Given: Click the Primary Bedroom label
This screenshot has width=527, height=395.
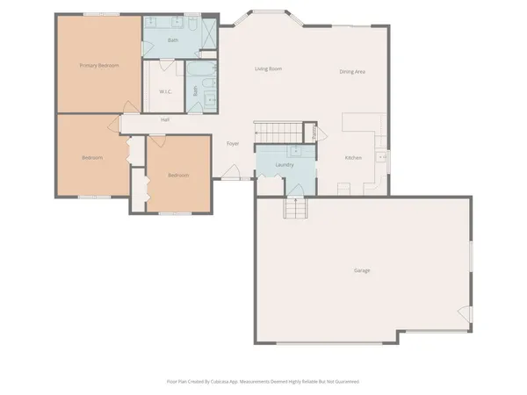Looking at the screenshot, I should (x=99, y=66).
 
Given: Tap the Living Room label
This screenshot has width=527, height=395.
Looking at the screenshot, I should (x=268, y=68).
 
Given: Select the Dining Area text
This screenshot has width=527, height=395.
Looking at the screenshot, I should (x=352, y=71).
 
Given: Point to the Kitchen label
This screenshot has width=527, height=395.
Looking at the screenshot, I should (x=353, y=158).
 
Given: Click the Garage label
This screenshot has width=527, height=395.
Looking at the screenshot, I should (x=362, y=270).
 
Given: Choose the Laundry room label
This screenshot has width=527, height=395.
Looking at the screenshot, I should (x=284, y=165).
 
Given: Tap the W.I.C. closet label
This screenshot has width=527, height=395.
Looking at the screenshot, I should (x=165, y=91).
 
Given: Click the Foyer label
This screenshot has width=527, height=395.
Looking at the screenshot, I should (x=233, y=143).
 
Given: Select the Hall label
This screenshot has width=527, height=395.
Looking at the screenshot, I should (x=164, y=119).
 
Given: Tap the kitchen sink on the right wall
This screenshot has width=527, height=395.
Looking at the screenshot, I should (x=382, y=157).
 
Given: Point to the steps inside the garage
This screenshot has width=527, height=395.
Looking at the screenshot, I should (x=296, y=209).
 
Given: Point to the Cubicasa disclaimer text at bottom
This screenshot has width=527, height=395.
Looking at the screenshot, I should (x=263, y=382).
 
